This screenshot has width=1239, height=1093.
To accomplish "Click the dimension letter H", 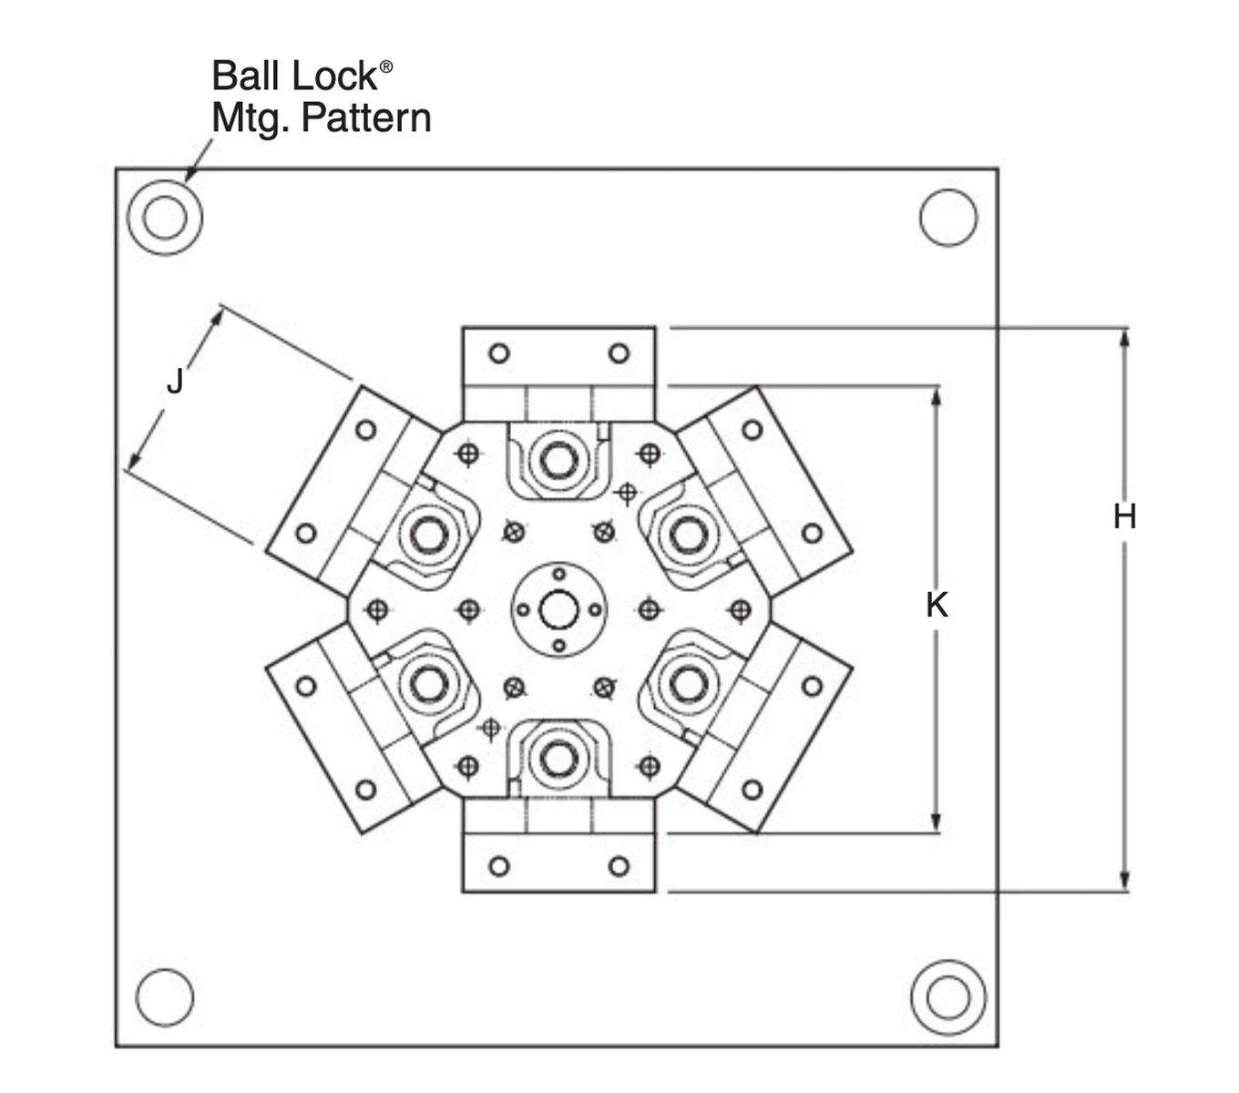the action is [1124, 516].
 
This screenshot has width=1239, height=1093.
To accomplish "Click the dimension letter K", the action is [937, 606].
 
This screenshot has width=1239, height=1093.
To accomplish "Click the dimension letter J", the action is [175, 381].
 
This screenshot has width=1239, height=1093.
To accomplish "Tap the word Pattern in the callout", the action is [366, 117].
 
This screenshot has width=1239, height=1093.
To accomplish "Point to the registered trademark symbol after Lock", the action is [386, 66].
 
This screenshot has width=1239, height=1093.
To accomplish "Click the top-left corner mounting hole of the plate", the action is [165, 218].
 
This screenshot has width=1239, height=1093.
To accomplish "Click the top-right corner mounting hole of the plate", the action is [948, 218].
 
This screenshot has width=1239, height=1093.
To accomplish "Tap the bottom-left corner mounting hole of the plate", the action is [165, 997].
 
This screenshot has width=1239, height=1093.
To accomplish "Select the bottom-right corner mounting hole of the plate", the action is [948, 997].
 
